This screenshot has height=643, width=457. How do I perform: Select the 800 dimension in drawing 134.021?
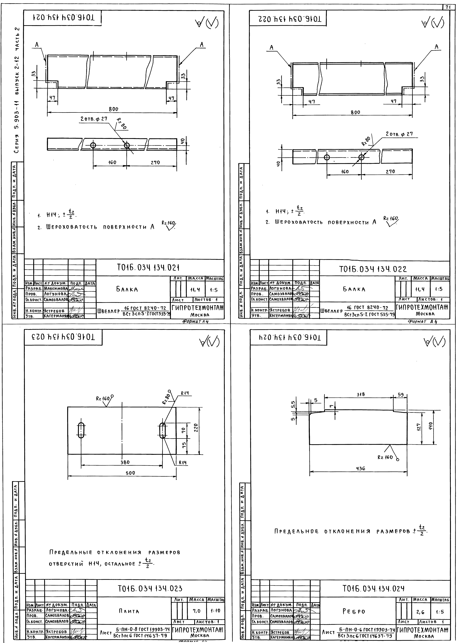[x=113, y=109]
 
